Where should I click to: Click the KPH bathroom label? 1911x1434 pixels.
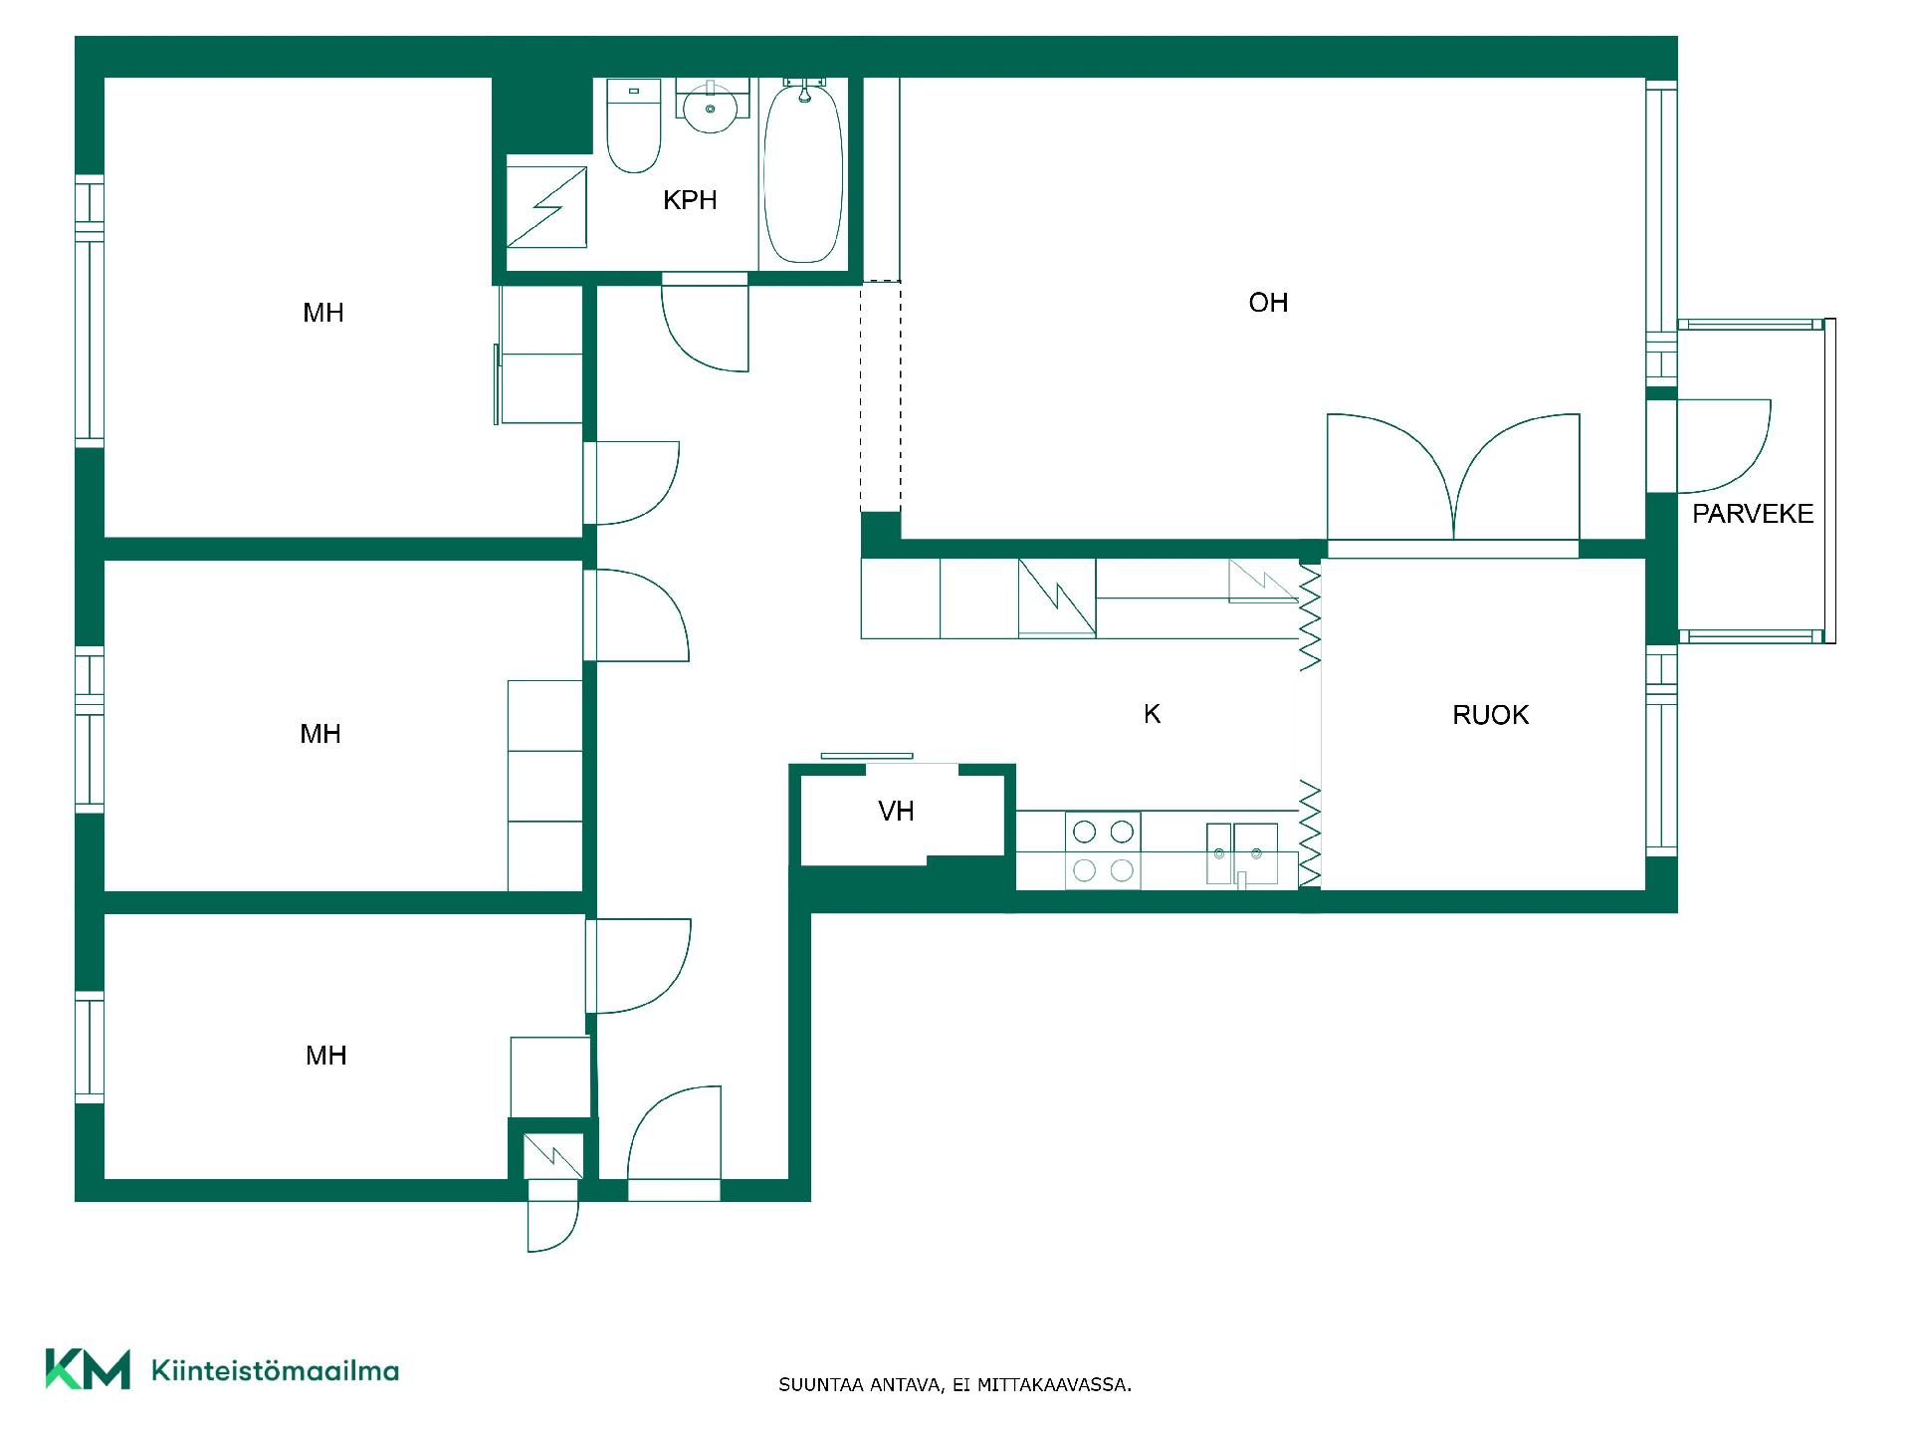coord(690,200)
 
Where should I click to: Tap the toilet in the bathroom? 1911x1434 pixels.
coord(634,126)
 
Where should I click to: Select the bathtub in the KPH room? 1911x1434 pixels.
coord(803,171)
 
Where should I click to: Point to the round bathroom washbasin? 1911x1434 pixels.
coord(710,106)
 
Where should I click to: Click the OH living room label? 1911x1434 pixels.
coord(1268,303)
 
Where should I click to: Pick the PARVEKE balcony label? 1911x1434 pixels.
coord(1753,514)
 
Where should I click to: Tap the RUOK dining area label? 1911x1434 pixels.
coord(1490,715)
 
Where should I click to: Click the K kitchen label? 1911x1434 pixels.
coord(1152,714)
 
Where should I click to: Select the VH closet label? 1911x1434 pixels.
coord(896,812)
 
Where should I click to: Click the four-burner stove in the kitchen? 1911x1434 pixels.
coord(1103,850)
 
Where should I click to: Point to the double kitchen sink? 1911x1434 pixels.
coord(1242,853)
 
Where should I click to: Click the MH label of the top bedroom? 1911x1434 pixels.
coord(323,313)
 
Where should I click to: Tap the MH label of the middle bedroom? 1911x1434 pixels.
coord(320,734)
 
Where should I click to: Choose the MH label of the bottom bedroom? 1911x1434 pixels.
coord(326,1056)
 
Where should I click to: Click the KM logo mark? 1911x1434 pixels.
coord(88,1369)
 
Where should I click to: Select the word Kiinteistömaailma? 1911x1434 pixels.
coord(275,1370)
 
